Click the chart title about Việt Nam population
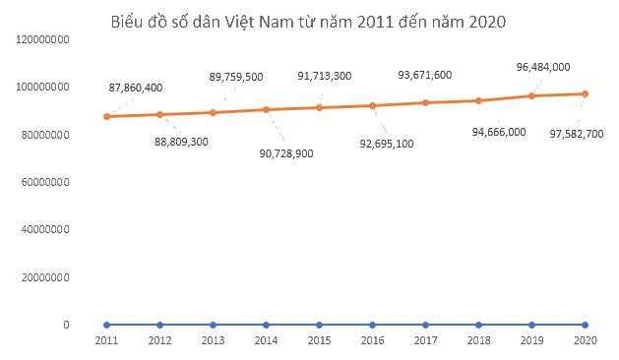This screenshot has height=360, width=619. click(x=308, y=22)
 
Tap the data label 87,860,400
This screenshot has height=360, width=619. click(x=136, y=88)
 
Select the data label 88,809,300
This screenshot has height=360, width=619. click(x=181, y=142)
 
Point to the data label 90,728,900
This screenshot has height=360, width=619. click(x=286, y=153)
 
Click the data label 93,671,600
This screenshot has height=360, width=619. click(x=425, y=75)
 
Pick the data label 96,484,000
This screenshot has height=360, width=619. click(x=543, y=67)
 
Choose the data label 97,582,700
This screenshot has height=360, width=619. click(x=577, y=134)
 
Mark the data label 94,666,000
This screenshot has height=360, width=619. click(x=499, y=132)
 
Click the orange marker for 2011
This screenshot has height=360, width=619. click(x=106, y=116)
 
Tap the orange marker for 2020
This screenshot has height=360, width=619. click(x=586, y=94)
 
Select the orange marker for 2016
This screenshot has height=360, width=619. click(x=372, y=106)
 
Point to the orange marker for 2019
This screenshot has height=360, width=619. click(x=531, y=95)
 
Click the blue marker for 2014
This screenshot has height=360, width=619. click(x=266, y=325)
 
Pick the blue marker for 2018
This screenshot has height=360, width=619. click(x=479, y=325)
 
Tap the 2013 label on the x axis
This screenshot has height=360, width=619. click(x=213, y=340)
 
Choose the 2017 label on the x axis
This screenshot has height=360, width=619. click(x=425, y=340)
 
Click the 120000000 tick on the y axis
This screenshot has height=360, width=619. click(x=42, y=39)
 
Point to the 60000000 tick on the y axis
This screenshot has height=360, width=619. click(x=45, y=182)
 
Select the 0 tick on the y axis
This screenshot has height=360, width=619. click(x=66, y=325)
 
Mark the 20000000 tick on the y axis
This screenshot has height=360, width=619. click(x=45, y=277)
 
